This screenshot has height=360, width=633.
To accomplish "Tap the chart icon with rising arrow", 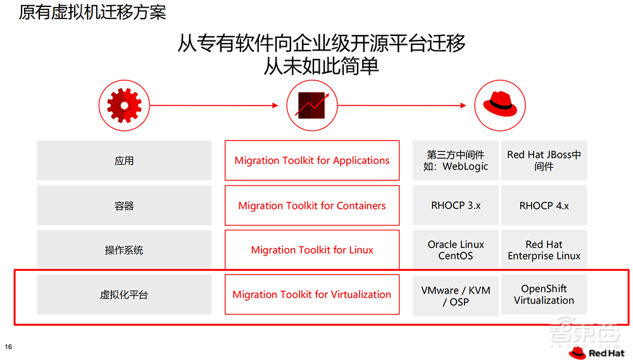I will pos(311,106).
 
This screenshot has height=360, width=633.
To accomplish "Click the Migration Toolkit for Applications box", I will pos(312,161).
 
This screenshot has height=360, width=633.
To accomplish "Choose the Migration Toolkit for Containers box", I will pos(312,206).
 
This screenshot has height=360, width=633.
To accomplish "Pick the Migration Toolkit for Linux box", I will pos(312,250).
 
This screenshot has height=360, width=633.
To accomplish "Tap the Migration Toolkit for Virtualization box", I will pos(312,295).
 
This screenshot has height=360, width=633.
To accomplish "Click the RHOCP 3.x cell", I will pos(456,206).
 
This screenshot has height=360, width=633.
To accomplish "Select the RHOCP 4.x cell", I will pos(544,206).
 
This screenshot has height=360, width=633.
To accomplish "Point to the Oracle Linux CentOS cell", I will pos(456,250).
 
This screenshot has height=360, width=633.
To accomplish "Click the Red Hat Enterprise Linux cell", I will pos(544,250).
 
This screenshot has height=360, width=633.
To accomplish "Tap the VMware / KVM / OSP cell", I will pos(456,295).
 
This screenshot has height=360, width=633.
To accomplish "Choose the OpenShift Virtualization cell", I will pos(544,295).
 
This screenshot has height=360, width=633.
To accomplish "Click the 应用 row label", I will pos(124,161).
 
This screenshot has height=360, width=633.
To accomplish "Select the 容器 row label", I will pos(124,206).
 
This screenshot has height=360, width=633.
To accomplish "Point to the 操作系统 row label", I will pos(124,250).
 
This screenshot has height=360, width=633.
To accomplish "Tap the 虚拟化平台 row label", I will pos(124,295).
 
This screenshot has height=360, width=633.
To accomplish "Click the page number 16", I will pos(9,347).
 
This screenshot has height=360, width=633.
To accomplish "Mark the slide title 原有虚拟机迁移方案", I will pos(92,12).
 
